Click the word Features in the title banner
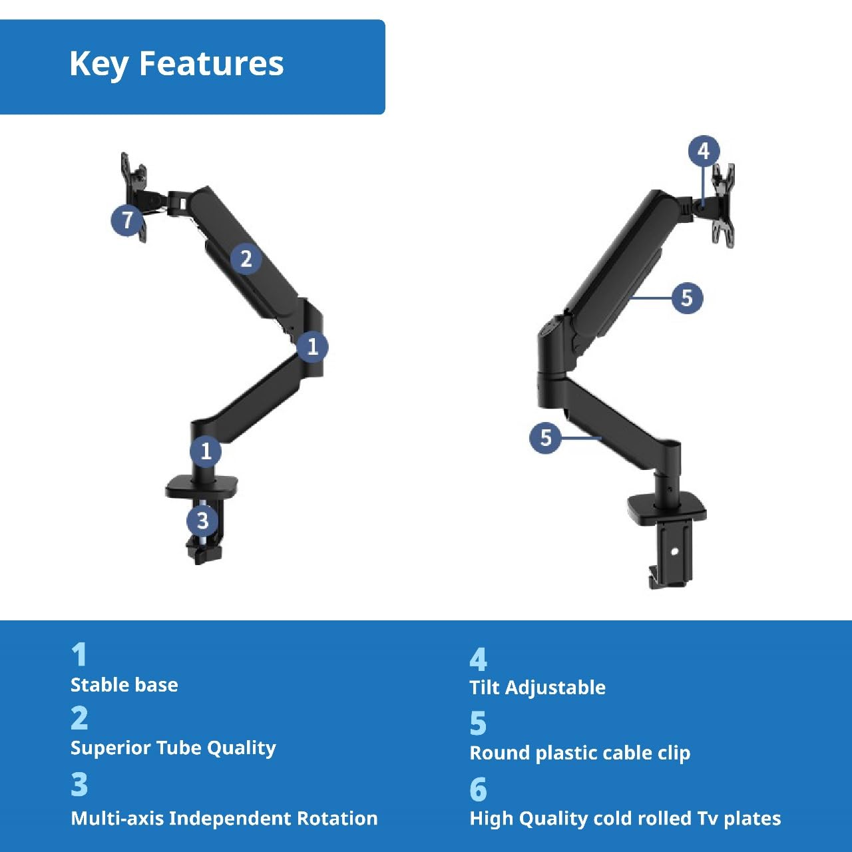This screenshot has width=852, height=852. click(211, 64)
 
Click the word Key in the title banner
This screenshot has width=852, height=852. click(99, 65)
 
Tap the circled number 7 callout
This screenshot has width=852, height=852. click(127, 220)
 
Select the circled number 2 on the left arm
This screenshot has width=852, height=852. click(246, 258)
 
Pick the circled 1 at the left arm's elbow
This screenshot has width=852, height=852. click(312, 346)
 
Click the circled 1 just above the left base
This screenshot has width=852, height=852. click(206, 451)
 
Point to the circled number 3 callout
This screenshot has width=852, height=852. click(202, 520)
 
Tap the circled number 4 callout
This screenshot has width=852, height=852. click(704, 151)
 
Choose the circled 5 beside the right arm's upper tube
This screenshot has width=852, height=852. click(687, 298)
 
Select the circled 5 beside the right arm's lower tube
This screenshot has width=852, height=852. click(545, 437)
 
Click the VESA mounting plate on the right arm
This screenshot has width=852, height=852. click(723, 205)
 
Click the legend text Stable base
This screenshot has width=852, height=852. click(124, 685)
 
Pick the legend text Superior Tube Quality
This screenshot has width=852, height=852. click(173, 747)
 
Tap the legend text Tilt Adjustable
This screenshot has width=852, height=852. click(537, 688)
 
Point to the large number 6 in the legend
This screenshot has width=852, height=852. click(478, 789)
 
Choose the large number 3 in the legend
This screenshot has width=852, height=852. click(79, 785)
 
